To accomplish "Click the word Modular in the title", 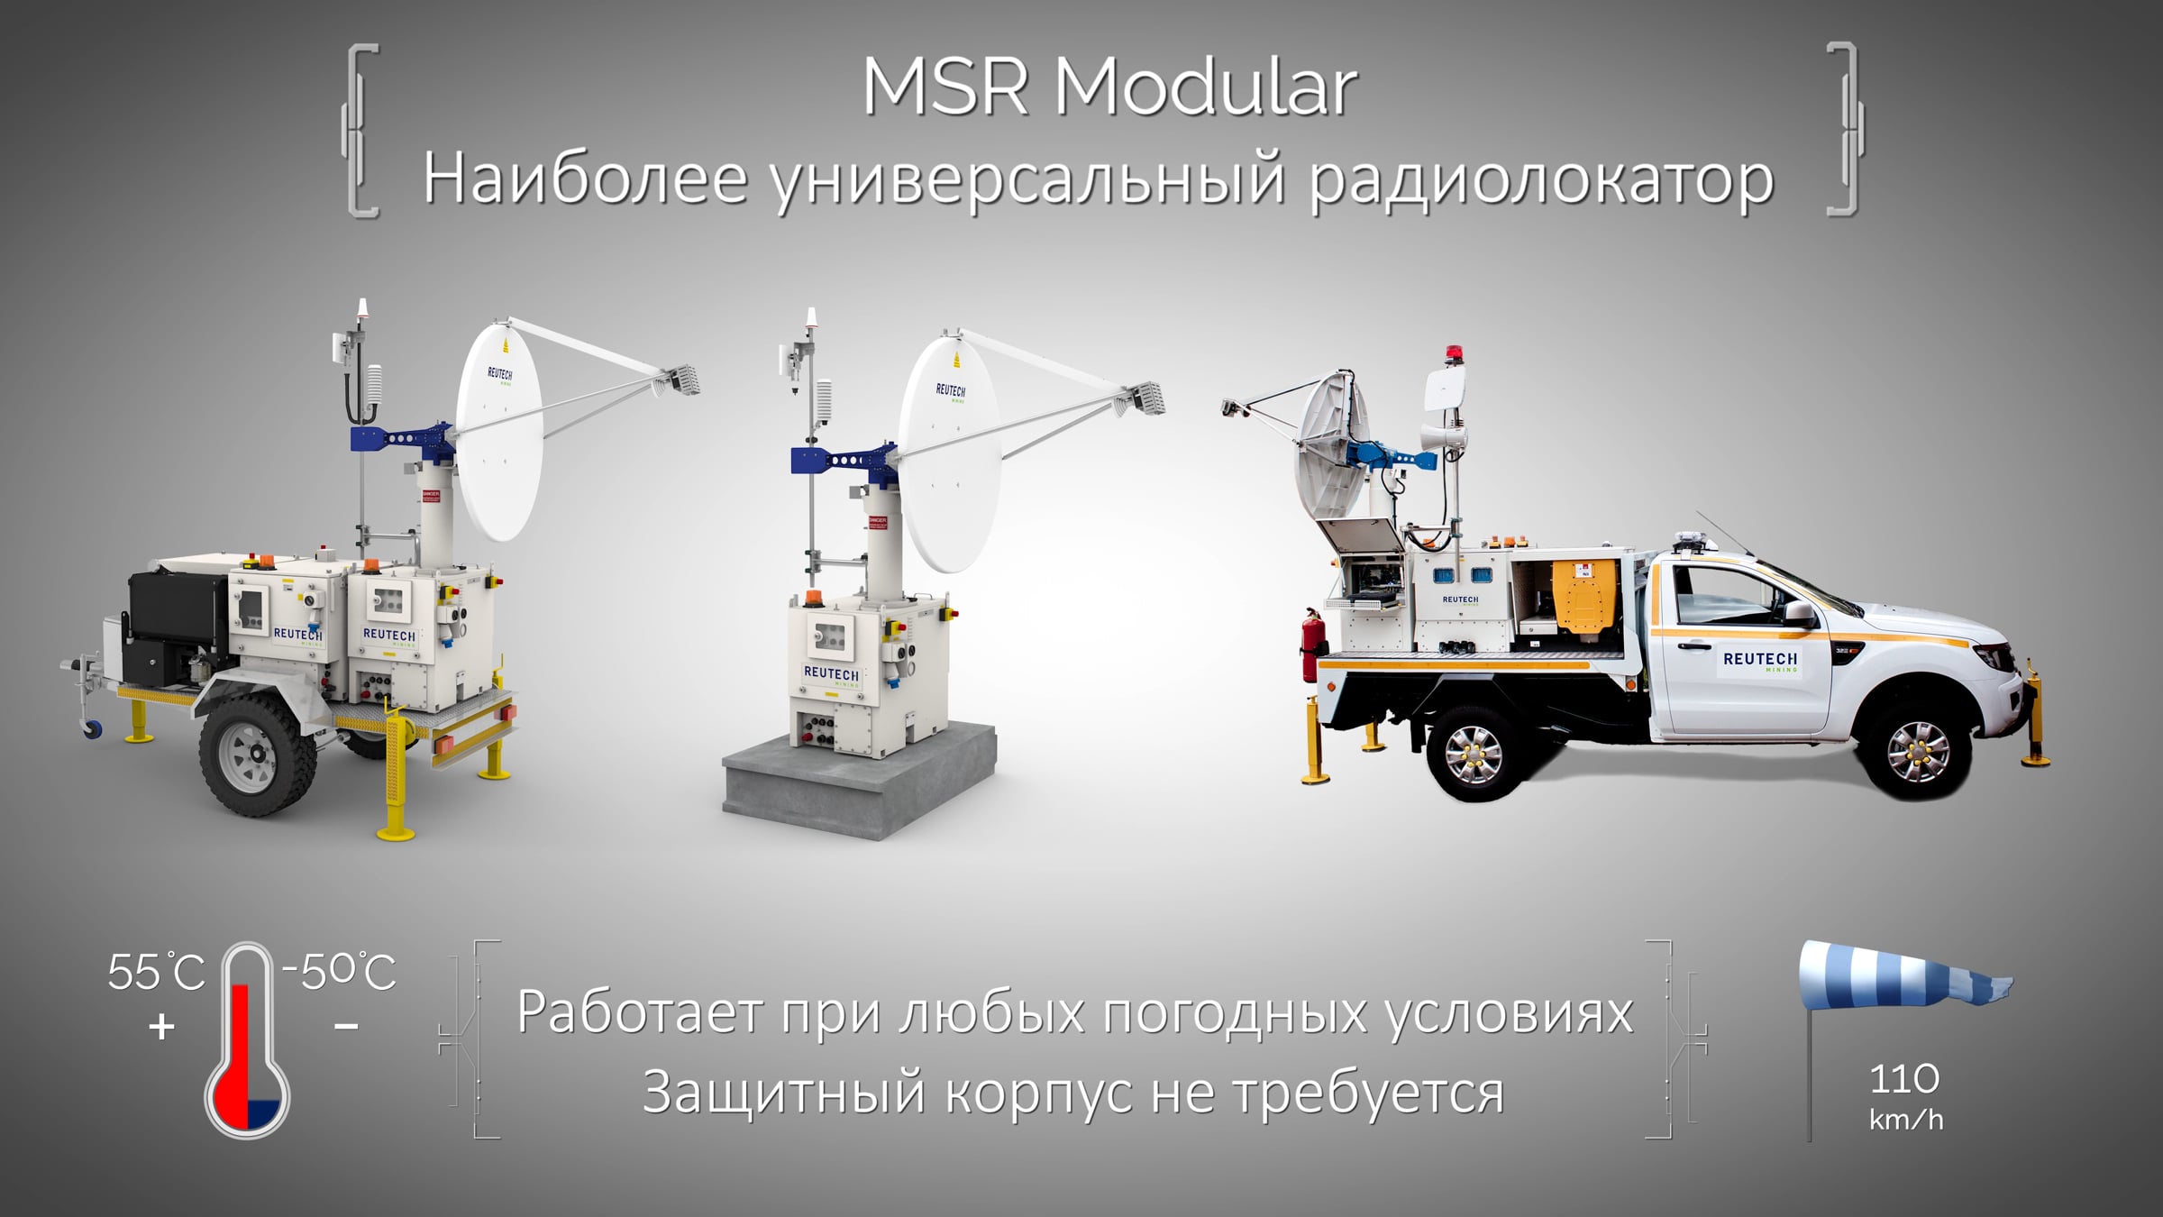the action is pyautogui.click(x=1205, y=87).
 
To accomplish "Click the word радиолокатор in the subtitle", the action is pyautogui.click(x=1541, y=180).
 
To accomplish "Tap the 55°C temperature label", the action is pyautogui.click(x=156, y=972).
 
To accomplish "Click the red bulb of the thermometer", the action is pyautogui.click(x=247, y=1095).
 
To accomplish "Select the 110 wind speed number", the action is pyautogui.click(x=1904, y=1079).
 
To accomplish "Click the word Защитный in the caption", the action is pyautogui.click(x=784, y=1093).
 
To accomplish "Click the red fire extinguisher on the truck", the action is pyautogui.click(x=1310, y=645).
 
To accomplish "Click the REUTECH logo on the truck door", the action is pyautogui.click(x=1760, y=661).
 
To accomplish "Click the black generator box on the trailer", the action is pyautogui.click(x=178, y=623).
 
